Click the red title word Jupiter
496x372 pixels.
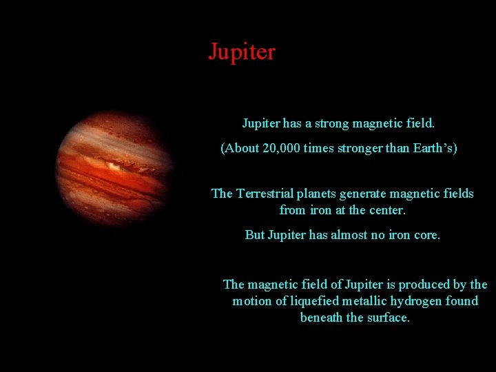coord(242,52)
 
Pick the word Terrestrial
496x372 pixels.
coord(272,194)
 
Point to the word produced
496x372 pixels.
coord(426,285)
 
